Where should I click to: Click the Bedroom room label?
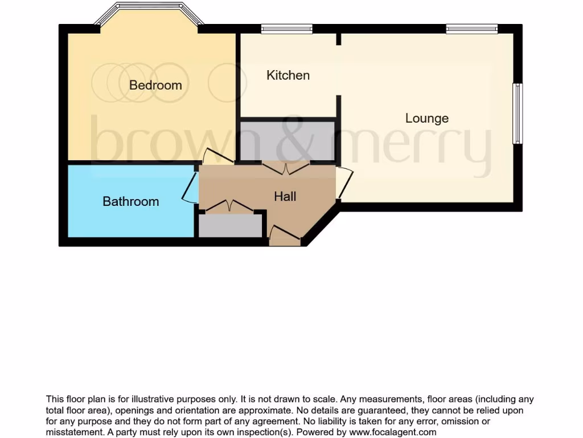155,86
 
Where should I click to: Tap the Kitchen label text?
288,75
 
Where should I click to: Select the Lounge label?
426,119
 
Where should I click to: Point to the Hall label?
285,197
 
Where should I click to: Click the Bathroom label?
130,201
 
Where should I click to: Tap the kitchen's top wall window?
286,29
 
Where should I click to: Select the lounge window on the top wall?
471,29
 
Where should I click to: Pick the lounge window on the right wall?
517,113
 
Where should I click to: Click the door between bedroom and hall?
217,156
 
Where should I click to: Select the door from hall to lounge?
344,182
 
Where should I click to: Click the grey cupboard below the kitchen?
287,140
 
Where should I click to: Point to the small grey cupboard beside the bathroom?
230,225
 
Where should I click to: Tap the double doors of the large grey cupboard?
286,167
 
